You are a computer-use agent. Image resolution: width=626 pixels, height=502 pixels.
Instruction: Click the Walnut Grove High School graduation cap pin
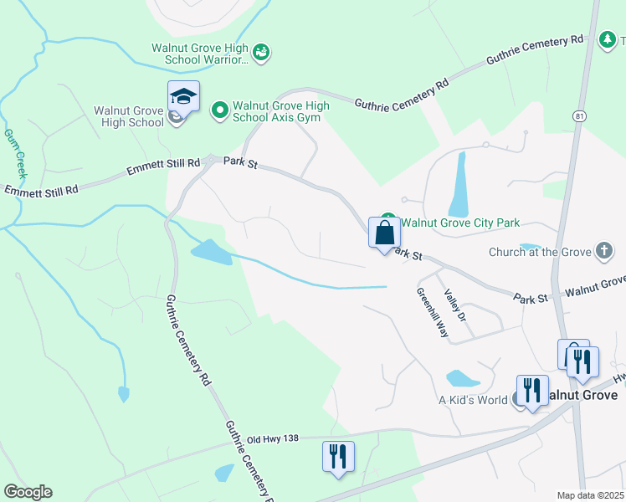pos(183,97)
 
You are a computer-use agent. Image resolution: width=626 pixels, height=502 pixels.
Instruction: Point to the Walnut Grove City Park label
pos(460,223)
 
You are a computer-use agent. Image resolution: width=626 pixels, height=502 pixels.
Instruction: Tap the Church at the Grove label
pos(540,252)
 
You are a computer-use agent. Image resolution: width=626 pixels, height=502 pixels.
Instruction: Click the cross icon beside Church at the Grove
pos(603,251)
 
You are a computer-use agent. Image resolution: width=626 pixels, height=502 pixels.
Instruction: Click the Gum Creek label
pos(13,152)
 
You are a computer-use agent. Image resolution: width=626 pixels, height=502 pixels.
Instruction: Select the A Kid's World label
pos(473,400)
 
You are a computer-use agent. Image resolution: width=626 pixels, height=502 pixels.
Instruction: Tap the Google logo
pos(28,492)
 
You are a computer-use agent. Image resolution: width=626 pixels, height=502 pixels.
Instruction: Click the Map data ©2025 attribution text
pos(591,495)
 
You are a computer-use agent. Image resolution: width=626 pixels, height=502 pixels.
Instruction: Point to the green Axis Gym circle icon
pos(220,110)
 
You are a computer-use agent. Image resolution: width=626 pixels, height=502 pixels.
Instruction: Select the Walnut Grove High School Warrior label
pos(200,54)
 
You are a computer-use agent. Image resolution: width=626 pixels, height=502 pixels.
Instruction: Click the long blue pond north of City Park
pos(459,184)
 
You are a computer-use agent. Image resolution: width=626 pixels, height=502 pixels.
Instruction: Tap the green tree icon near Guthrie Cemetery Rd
pos(608,38)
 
